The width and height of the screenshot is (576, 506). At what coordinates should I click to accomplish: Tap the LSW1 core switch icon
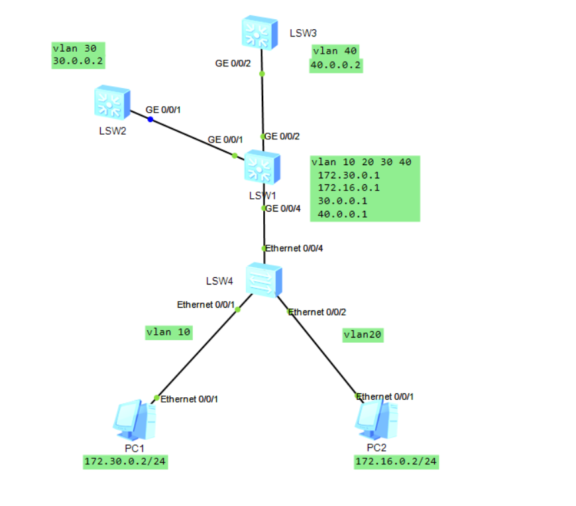coord(262,168)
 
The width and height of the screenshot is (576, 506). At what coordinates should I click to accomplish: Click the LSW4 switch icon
coord(264,280)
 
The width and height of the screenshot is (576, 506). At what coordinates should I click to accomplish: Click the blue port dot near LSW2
coord(150,119)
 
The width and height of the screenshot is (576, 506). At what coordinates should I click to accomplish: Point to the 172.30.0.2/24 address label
coord(125,462)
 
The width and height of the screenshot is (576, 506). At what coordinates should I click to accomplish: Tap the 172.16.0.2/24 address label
coord(396,462)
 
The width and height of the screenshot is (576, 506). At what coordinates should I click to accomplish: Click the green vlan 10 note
coord(170,332)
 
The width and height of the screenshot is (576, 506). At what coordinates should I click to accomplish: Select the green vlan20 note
coord(363,335)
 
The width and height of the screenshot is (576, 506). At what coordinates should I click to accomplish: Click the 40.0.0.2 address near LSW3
coord(336,65)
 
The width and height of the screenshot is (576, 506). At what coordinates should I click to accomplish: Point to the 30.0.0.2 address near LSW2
coord(78,61)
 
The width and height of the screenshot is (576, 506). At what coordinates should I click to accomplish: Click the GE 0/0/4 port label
coord(283,208)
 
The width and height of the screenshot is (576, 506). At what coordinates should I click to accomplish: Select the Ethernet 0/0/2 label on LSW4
coord(317,311)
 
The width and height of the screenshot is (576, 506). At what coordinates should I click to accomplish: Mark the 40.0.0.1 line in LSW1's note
coord(343,214)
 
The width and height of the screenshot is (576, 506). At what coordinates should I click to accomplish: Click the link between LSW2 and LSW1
coord(192,138)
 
